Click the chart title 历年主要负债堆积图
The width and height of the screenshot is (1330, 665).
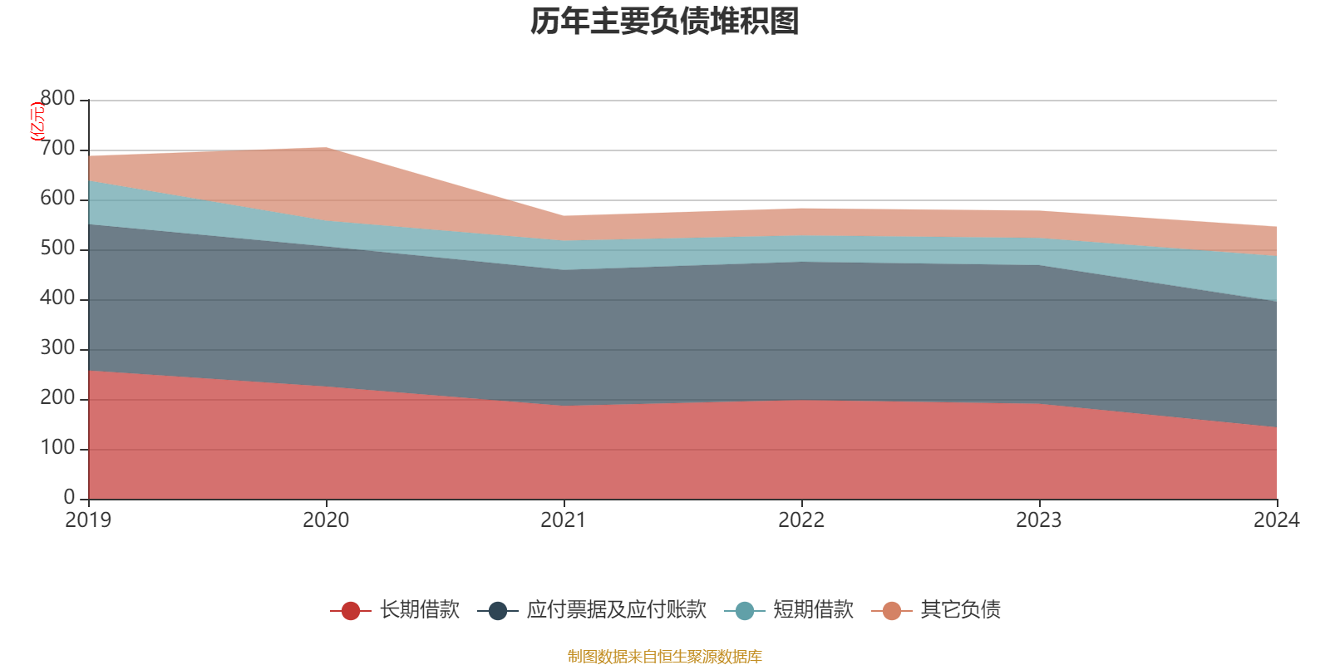(664, 22)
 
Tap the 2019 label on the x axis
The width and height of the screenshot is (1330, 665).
(88, 520)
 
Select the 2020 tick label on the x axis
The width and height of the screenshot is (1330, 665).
(326, 520)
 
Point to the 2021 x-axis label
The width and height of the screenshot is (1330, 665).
(564, 520)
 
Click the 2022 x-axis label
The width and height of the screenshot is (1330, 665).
(801, 520)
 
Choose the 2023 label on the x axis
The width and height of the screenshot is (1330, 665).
(1039, 520)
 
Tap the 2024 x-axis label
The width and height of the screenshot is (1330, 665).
(1276, 520)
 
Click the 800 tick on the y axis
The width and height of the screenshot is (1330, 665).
(58, 99)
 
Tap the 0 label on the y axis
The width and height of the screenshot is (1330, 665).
(70, 498)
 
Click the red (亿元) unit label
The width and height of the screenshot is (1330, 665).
(37, 122)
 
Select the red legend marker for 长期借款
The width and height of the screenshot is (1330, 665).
(351, 611)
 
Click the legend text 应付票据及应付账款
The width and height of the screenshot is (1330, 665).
(616, 610)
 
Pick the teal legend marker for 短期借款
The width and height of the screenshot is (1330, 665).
(745, 611)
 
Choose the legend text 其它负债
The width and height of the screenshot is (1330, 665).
(960, 610)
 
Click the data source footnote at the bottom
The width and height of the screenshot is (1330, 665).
(664, 657)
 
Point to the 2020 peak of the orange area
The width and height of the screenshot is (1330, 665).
(324, 149)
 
